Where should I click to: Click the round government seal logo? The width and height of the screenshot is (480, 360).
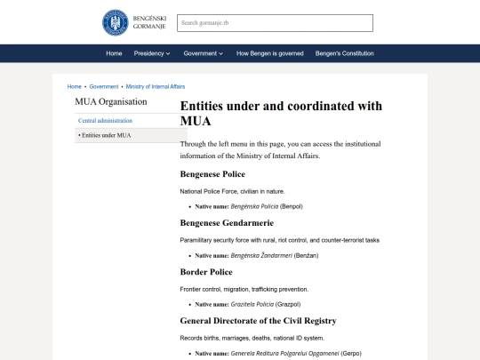pos(115,22)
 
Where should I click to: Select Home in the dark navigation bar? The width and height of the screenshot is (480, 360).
pos(114,53)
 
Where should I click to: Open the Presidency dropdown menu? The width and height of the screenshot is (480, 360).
pos(151,53)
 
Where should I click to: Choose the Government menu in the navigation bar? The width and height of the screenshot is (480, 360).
pos(202,53)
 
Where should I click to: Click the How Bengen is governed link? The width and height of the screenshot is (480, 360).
pos(270,53)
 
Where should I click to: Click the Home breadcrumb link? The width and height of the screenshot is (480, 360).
pos(75,87)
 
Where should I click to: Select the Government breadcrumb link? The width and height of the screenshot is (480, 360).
pos(103,87)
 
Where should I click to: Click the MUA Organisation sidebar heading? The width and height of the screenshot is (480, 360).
pos(110,101)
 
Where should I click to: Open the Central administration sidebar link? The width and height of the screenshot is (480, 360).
pos(105,120)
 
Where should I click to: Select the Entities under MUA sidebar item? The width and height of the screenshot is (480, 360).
pos(106,135)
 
